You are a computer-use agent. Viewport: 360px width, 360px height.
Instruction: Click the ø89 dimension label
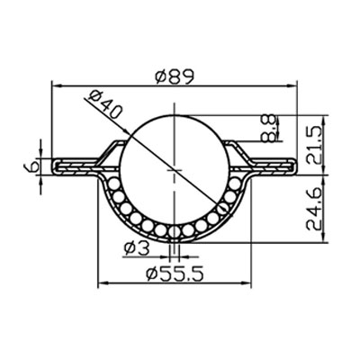[175, 77]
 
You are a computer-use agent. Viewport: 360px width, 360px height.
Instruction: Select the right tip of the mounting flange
[294, 166]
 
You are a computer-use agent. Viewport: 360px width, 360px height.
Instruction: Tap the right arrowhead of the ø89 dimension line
[293, 87]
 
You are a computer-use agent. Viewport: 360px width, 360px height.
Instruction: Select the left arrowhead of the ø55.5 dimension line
[98, 283]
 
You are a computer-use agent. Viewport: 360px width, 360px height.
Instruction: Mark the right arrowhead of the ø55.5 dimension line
[249, 283]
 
